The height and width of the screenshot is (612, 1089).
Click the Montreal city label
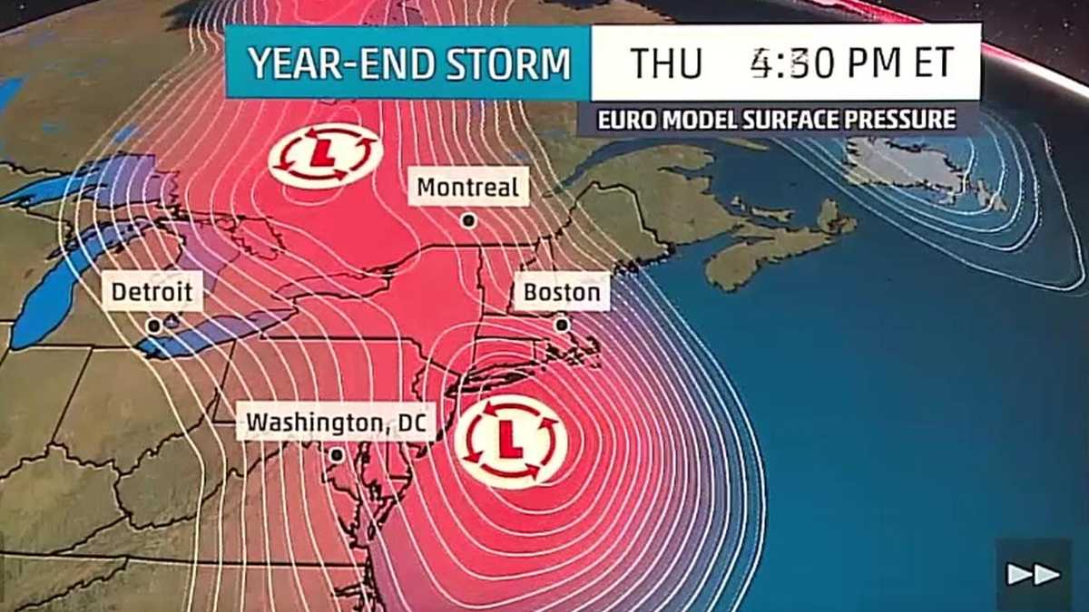point(468,188)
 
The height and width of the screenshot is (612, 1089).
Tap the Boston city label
point(562,293)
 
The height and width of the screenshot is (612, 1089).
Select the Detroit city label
point(152,291)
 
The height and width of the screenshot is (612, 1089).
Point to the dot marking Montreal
point(468,219)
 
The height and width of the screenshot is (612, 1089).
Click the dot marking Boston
point(562,324)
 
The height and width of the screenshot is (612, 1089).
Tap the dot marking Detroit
point(154,325)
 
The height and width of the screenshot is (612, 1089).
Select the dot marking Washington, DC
point(337,455)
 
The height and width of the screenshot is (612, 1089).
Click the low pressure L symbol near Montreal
point(324,155)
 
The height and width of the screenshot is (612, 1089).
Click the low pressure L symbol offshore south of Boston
point(510,440)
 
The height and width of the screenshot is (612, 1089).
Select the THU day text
point(667,63)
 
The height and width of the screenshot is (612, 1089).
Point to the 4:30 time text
point(786,63)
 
